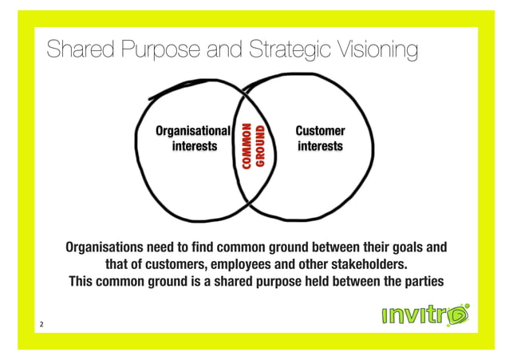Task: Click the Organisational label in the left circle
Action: [192, 131]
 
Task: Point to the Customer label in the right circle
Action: [320, 131]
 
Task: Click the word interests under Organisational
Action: [194, 147]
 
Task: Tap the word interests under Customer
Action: [320, 147]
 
